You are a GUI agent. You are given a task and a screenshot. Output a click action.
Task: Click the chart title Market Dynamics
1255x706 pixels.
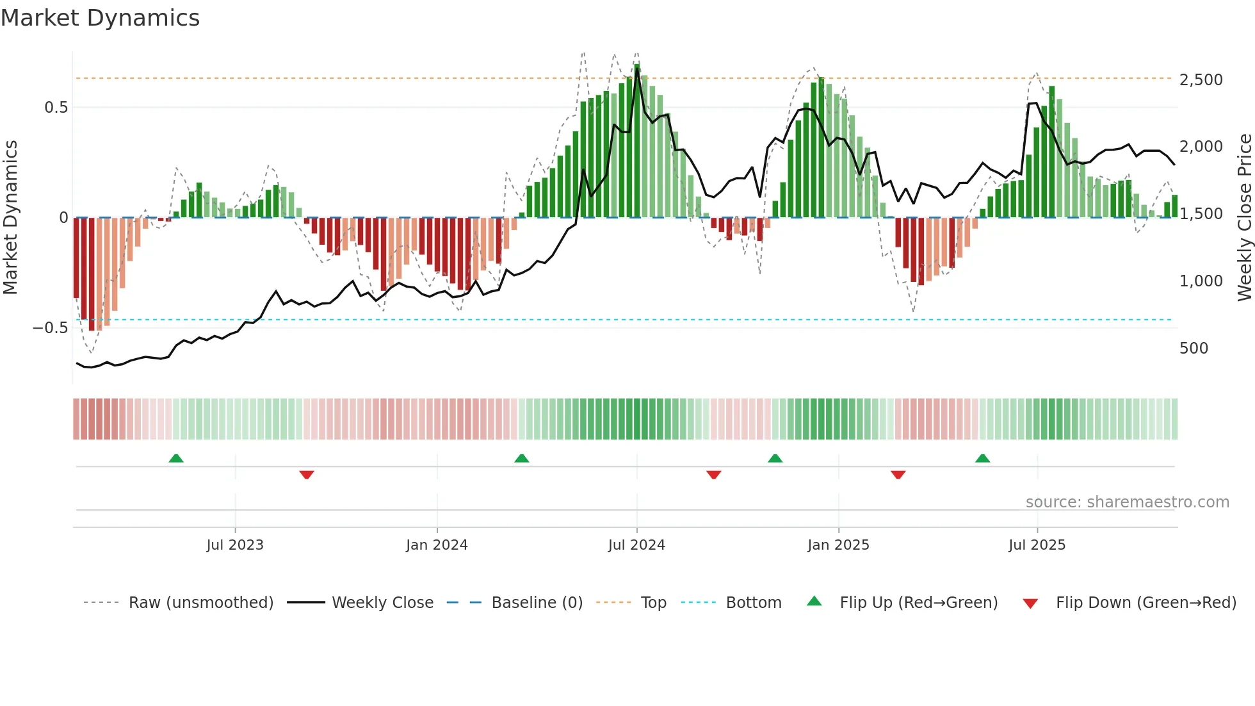click(x=100, y=18)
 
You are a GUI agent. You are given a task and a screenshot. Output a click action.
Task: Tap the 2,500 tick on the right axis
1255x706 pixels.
click(x=1201, y=80)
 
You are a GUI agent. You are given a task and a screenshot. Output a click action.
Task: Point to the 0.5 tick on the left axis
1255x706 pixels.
click(x=56, y=108)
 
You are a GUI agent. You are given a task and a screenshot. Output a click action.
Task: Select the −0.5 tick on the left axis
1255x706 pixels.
click(x=50, y=328)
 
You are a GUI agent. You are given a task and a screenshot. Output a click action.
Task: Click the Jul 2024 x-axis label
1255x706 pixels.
click(x=636, y=545)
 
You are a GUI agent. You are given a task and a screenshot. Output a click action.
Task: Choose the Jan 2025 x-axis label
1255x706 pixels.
click(x=838, y=545)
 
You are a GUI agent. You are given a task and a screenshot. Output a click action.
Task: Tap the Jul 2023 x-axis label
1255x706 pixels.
click(x=235, y=545)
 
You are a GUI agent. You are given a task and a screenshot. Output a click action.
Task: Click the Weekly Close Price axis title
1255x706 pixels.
click(x=1244, y=218)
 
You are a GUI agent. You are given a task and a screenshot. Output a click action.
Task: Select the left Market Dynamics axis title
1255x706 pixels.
click(x=10, y=218)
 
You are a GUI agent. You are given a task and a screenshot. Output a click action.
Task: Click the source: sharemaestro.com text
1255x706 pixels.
click(x=1127, y=502)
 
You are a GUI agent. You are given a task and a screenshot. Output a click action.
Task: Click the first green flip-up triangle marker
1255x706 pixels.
click(x=176, y=458)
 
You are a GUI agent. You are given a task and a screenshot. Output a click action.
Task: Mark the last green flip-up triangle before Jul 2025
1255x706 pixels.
click(x=982, y=458)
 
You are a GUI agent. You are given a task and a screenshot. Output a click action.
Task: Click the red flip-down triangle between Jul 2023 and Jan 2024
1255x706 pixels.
click(x=307, y=475)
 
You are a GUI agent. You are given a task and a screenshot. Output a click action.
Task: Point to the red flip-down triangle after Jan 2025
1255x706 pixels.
click(x=898, y=475)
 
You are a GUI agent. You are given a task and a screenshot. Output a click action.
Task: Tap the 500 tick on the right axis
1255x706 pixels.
click(x=1194, y=349)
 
